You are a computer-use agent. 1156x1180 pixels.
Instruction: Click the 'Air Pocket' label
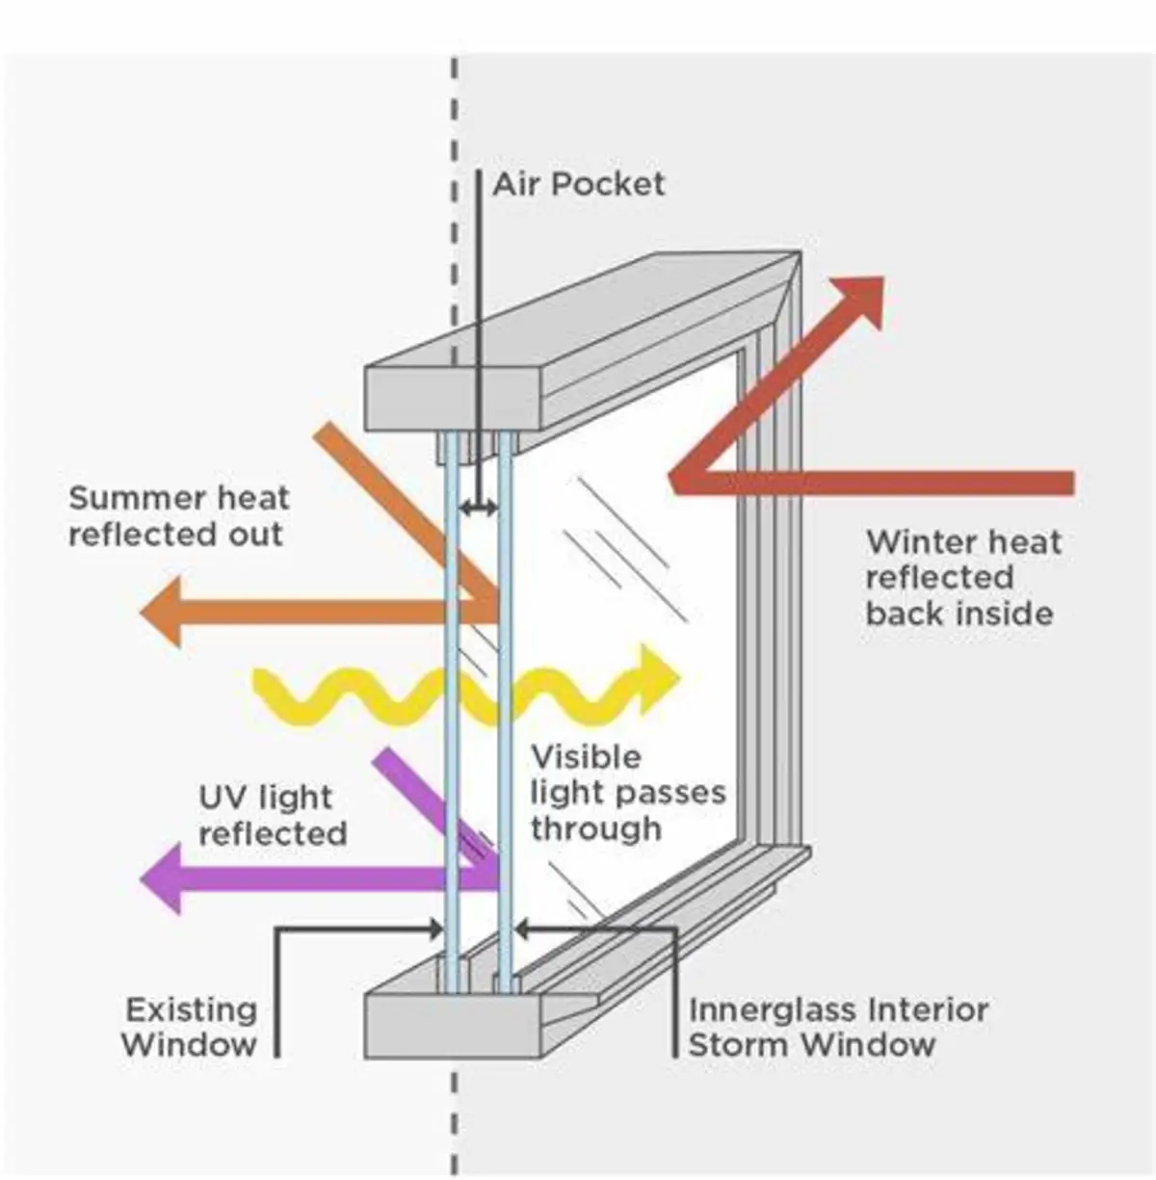click(x=579, y=184)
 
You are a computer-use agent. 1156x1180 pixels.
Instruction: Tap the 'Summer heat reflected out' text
click(x=178, y=516)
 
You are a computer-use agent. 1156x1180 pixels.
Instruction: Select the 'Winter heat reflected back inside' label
click(x=961, y=577)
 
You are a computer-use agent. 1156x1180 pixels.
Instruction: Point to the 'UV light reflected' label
click(x=272, y=815)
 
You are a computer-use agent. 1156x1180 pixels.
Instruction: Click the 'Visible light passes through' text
click(x=626, y=792)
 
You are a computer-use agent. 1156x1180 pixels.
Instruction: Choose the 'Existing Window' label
click(x=191, y=1027)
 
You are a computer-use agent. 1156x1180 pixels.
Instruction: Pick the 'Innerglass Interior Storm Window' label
click(x=837, y=1027)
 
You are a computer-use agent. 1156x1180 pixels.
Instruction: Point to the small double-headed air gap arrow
click(x=478, y=507)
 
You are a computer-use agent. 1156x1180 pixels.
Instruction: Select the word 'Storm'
click(x=740, y=1044)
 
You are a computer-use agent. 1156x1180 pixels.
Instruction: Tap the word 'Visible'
click(x=586, y=757)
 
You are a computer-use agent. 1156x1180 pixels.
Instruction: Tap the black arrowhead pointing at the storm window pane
click(x=522, y=930)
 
